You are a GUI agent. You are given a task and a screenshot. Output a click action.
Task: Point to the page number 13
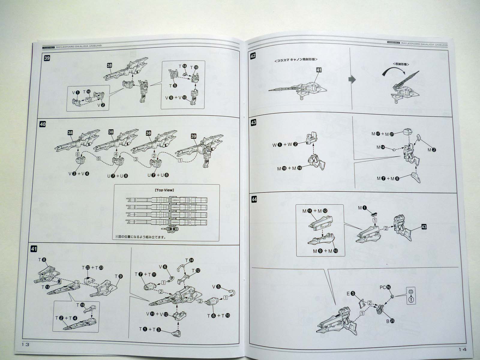coord(25,344)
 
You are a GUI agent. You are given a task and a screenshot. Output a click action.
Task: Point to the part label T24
coord(189,260)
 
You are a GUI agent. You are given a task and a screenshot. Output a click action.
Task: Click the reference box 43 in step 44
coord(424,227)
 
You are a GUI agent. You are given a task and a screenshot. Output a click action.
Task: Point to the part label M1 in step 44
coord(362,208)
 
